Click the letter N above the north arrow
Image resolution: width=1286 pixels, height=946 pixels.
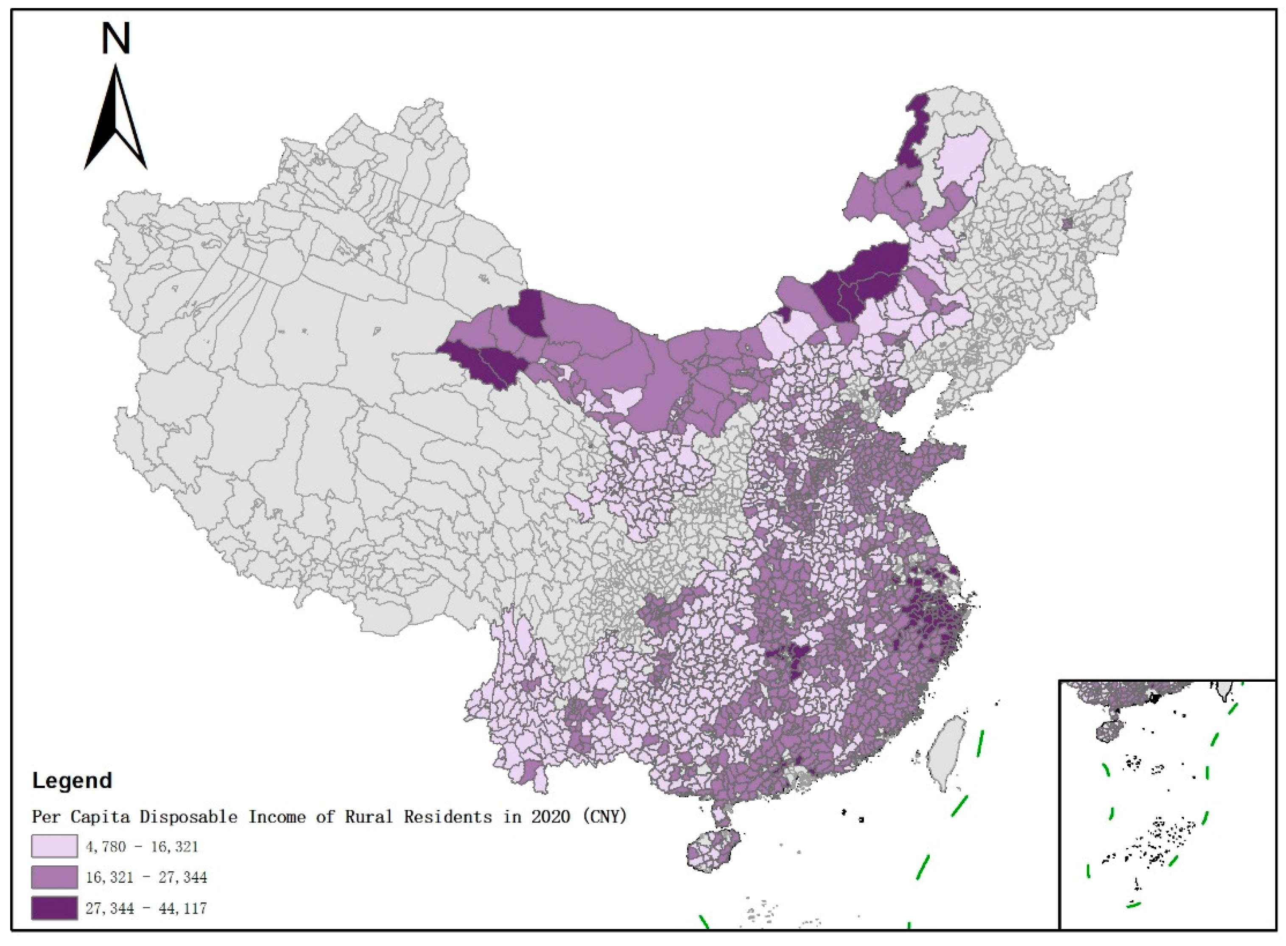(116, 39)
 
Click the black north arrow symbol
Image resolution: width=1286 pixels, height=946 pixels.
(116, 123)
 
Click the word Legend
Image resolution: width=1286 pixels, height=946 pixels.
(72, 781)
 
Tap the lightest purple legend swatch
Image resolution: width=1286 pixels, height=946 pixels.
(54, 846)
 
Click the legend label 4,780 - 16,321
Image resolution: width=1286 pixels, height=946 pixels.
(142, 846)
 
